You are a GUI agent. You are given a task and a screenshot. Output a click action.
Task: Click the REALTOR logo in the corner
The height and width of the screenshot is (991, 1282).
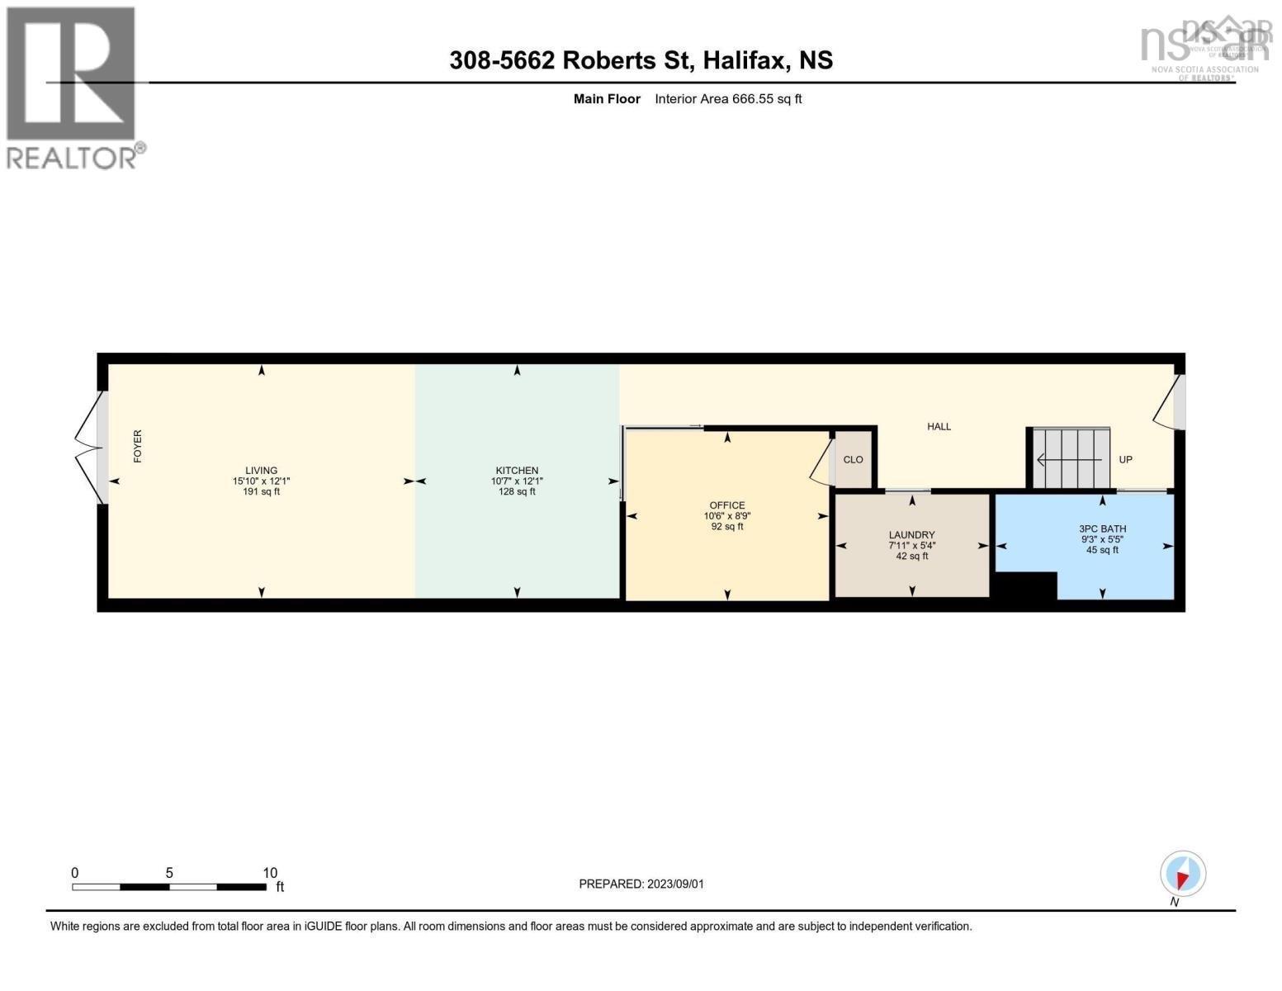[73, 87]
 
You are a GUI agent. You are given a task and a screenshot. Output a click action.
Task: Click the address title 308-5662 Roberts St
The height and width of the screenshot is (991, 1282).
[641, 60]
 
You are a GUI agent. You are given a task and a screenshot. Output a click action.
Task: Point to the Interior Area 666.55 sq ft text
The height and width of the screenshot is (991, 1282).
[728, 99]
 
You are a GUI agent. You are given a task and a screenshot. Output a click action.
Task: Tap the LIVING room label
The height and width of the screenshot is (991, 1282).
[261, 471]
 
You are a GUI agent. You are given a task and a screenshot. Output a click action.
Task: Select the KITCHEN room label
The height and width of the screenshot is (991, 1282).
[517, 471]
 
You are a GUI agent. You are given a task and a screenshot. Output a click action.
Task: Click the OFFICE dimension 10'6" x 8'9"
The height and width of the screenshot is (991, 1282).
[726, 516]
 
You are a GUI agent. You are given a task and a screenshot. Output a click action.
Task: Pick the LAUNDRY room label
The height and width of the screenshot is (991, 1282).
[911, 535]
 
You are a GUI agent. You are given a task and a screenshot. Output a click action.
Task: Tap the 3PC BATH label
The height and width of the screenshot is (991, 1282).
[1102, 529]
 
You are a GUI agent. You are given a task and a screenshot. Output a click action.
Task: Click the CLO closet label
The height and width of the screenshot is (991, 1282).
[853, 460]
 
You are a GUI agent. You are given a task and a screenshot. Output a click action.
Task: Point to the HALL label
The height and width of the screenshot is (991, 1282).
[939, 427]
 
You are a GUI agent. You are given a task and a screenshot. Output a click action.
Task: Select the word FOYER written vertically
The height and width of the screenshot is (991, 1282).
[138, 446]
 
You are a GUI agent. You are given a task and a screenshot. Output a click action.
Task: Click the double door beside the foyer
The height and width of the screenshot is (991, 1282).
[89, 448]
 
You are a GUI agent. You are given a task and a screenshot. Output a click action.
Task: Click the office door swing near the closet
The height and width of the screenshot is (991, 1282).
[820, 460]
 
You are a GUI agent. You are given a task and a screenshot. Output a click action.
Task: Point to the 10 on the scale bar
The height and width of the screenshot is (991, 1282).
[270, 873]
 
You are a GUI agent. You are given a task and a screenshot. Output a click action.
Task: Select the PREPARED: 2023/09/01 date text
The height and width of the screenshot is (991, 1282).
[641, 884]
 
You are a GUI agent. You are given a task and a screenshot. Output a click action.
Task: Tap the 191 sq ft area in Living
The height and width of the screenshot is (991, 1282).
[261, 492]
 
